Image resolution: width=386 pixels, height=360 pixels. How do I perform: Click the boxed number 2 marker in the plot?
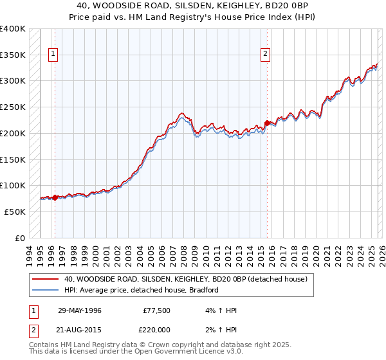[265, 55]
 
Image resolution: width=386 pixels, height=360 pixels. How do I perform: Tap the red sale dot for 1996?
[55, 198]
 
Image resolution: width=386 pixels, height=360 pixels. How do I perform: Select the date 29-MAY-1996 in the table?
[79, 310]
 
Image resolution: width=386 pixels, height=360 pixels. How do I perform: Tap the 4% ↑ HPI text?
[220, 310]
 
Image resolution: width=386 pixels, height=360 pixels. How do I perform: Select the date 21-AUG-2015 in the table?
[79, 330]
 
